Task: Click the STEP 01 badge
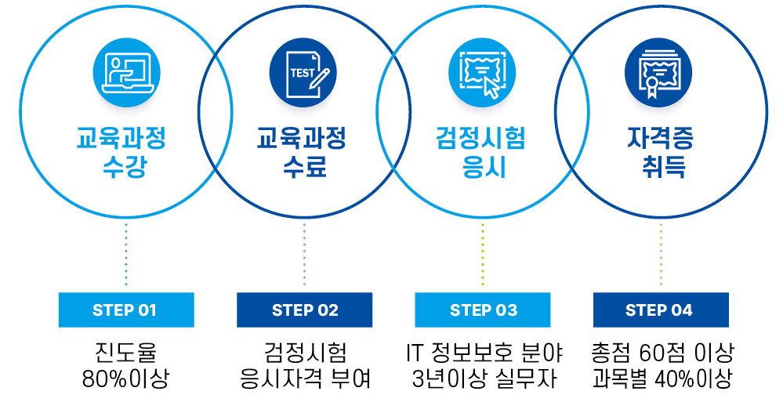(125, 310)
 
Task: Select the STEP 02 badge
(304, 310)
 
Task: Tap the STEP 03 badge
(483, 310)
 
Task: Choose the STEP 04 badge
(660, 310)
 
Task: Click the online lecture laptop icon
(125, 72)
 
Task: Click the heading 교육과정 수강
(125, 154)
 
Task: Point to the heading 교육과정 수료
(304, 154)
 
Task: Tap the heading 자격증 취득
(660, 154)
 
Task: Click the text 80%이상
(125, 380)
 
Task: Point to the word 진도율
(125, 352)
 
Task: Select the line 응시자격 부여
(305, 380)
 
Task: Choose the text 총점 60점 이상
(661, 352)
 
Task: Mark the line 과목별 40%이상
(661, 380)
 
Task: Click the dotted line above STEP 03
(483, 255)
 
